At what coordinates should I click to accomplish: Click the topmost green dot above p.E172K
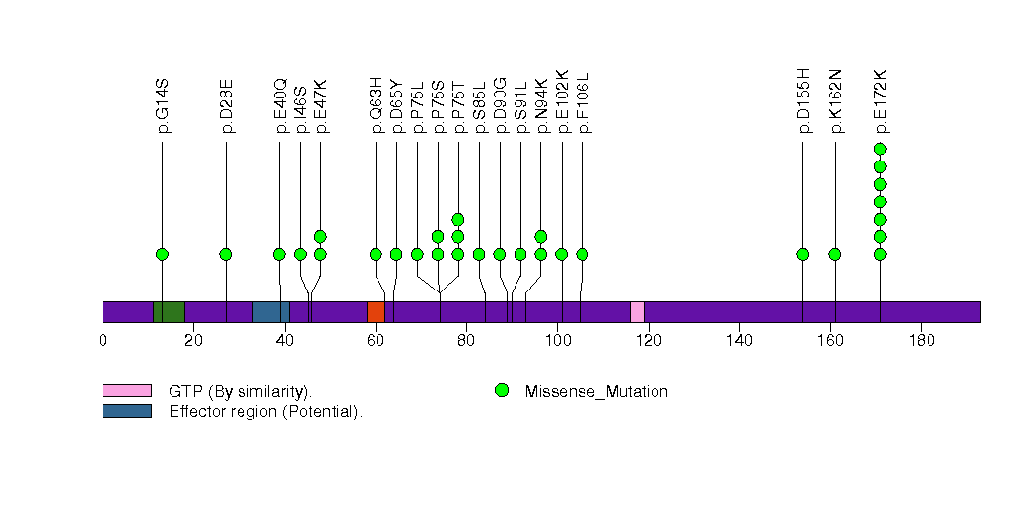pos(880,150)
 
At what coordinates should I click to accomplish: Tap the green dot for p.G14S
pos(162,254)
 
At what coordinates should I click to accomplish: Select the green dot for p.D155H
pos(802,254)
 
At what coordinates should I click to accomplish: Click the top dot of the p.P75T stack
pos(458,219)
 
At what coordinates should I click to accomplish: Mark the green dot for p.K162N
pos(835,254)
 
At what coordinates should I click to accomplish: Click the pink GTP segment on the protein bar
pos(637,312)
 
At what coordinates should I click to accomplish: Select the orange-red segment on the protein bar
pos(376,312)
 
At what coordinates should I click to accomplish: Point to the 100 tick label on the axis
pos(557,341)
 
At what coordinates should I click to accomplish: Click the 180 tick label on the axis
pos(921,341)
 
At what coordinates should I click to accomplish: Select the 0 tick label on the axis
pos(103,341)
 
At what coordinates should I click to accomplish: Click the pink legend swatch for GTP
pos(126,391)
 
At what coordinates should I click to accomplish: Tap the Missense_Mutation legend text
pos(596,391)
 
